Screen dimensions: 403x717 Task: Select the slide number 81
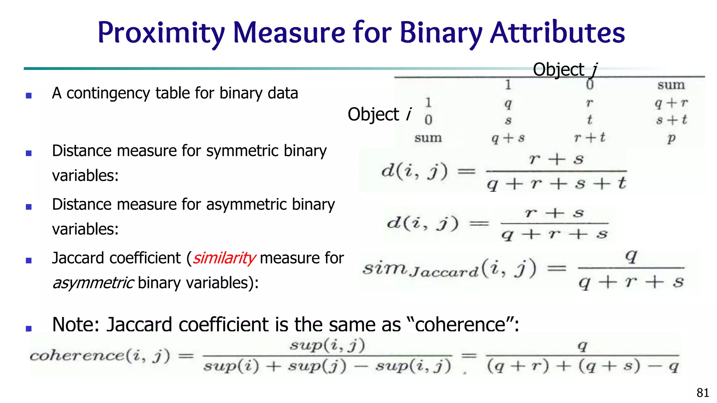(x=703, y=393)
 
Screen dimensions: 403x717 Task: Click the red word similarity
(x=224, y=258)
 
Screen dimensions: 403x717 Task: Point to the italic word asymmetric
(x=93, y=283)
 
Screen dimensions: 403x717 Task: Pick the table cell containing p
(x=671, y=138)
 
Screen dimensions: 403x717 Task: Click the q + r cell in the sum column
(x=671, y=103)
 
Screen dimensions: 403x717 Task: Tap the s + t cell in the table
(x=671, y=120)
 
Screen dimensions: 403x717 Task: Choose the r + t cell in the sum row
(x=590, y=138)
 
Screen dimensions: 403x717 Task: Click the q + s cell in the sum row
(x=508, y=138)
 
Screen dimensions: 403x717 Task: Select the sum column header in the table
(x=671, y=85)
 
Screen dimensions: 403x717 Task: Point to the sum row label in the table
(x=428, y=138)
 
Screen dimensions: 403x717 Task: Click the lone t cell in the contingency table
(x=590, y=120)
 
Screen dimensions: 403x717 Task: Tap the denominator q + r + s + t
(x=556, y=183)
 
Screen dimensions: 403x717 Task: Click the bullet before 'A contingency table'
(x=29, y=95)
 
